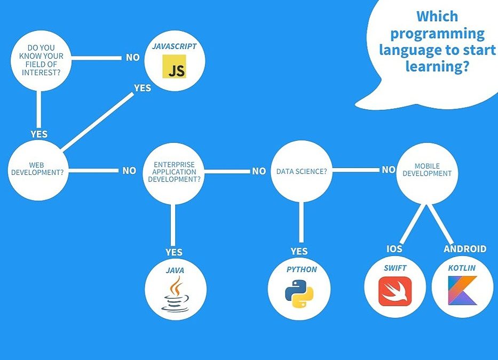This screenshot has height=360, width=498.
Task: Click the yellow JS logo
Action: click(x=175, y=66)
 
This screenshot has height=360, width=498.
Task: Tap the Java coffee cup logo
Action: click(x=175, y=294)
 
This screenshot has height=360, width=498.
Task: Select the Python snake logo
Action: click(x=299, y=294)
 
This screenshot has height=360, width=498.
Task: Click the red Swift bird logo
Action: click(x=395, y=291)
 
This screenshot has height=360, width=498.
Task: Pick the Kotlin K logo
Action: click(x=462, y=291)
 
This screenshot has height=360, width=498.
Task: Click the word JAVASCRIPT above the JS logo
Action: click(x=175, y=46)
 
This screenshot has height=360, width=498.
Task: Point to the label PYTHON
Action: click(x=302, y=269)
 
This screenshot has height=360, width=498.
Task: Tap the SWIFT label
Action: click(x=395, y=268)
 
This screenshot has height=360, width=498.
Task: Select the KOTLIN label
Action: click(x=462, y=268)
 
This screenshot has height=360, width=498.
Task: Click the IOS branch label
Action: click(x=394, y=249)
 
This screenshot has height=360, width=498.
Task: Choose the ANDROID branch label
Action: click(x=465, y=249)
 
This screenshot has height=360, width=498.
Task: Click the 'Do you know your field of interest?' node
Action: click(x=41, y=60)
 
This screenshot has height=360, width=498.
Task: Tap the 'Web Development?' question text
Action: click(x=37, y=169)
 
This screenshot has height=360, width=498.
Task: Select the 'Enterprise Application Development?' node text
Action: click(x=174, y=172)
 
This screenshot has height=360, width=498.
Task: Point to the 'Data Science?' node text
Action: click(x=302, y=171)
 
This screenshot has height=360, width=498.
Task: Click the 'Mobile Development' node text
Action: click(x=427, y=170)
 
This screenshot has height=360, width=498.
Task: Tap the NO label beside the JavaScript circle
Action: click(x=133, y=58)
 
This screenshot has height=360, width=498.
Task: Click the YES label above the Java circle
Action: click(x=174, y=252)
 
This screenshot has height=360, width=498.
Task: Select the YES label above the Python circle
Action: click(x=299, y=251)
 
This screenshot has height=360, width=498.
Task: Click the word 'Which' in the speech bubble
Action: click(x=437, y=16)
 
